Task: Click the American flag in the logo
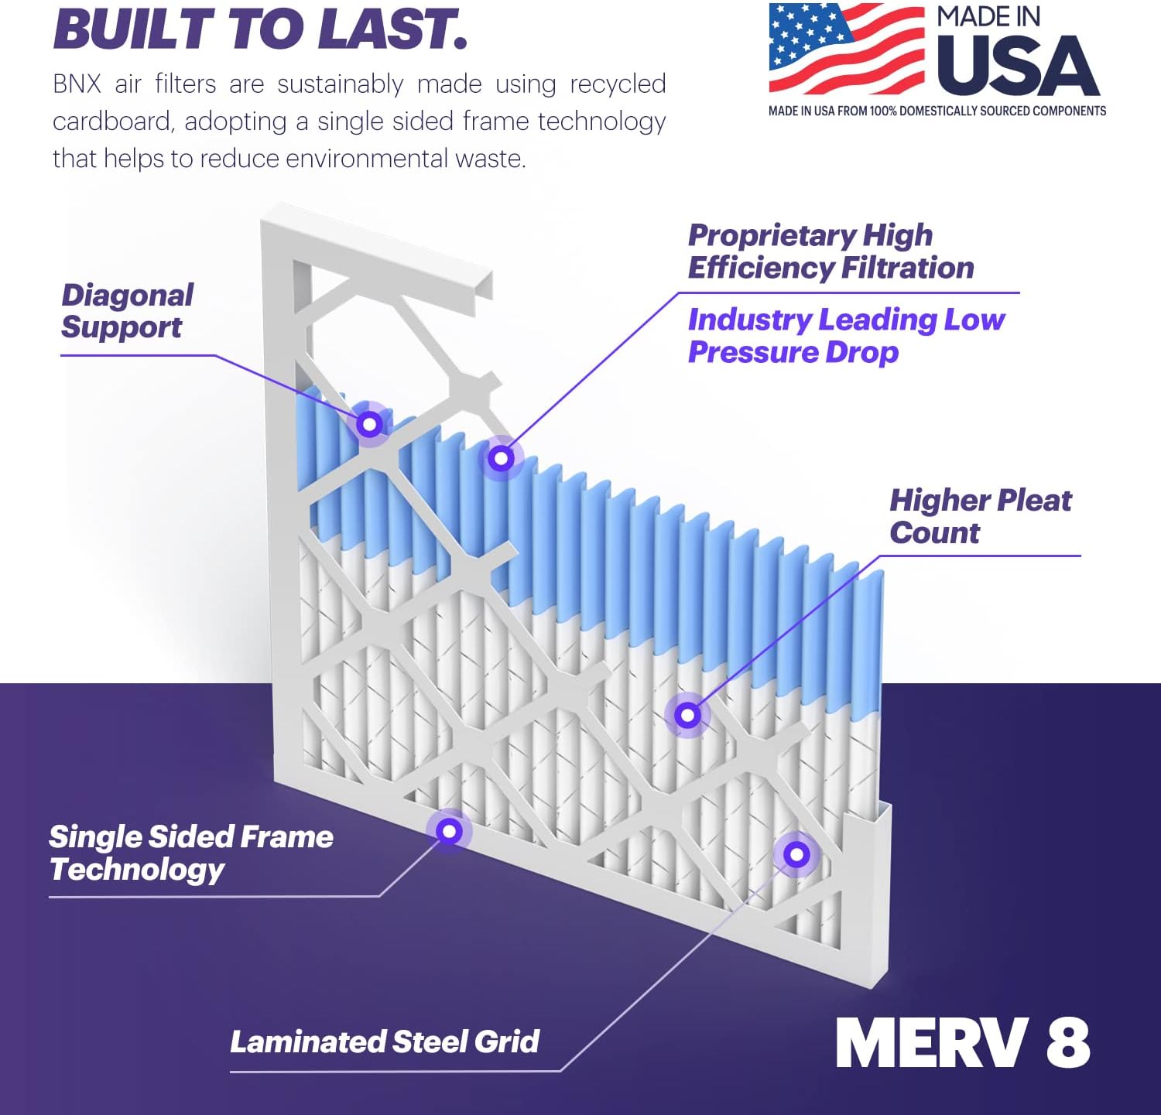(846, 48)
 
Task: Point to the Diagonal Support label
(127, 311)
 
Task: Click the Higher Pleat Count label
(980, 516)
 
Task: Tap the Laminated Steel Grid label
(385, 1041)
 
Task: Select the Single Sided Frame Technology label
(190, 853)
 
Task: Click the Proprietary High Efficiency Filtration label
(831, 251)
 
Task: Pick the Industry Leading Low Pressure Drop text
(846, 336)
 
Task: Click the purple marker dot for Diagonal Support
(369, 424)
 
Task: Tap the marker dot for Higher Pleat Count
(687, 715)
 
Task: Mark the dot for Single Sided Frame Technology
(449, 831)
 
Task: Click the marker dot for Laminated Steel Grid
(796, 855)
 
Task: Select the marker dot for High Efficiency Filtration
(501, 458)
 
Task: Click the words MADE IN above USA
(988, 17)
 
